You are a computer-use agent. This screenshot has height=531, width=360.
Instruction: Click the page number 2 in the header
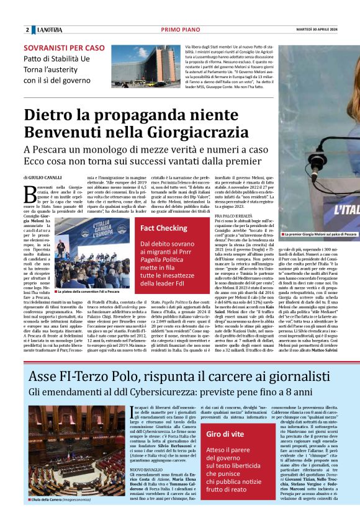(27, 30)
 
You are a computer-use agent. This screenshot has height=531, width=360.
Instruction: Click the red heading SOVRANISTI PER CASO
(65, 48)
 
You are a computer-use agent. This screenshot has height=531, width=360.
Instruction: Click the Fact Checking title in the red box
(164, 228)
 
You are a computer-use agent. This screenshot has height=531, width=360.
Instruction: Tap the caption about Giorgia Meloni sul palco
(320, 234)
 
